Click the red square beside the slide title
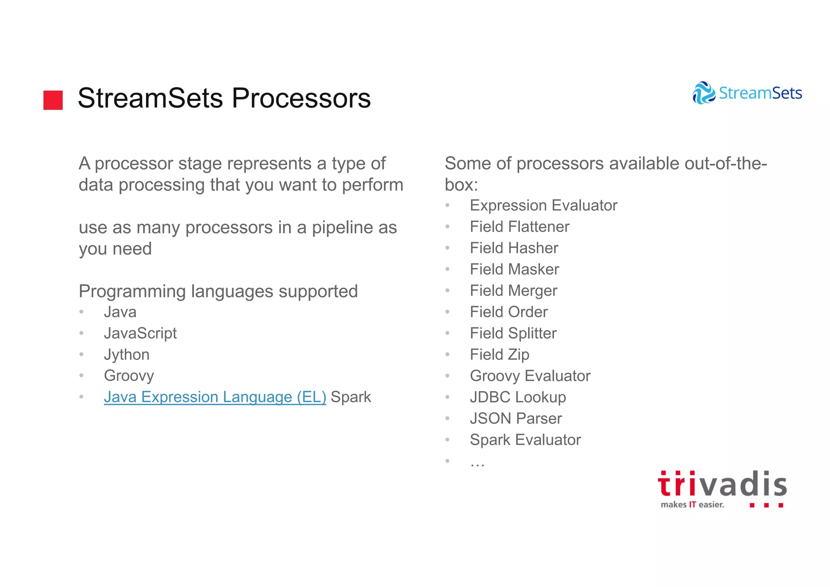point(53,100)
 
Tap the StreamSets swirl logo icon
point(704,93)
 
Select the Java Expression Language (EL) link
point(215,397)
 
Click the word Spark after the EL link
point(351,397)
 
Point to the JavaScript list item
point(140,333)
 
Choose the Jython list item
point(126,355)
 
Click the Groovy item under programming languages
point(129,376)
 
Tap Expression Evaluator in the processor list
point(543,205)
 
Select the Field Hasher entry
point(514,248)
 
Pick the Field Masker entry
point(514,269)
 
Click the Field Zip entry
point(499,355)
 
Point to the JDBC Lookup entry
point(518,397)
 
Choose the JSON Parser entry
point(516,418)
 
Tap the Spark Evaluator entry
point(525,440)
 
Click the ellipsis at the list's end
point(477,463)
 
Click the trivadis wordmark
point(722,484)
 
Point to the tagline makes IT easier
point(692,505)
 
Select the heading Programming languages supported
point(218,291)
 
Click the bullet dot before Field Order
point(447,312)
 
